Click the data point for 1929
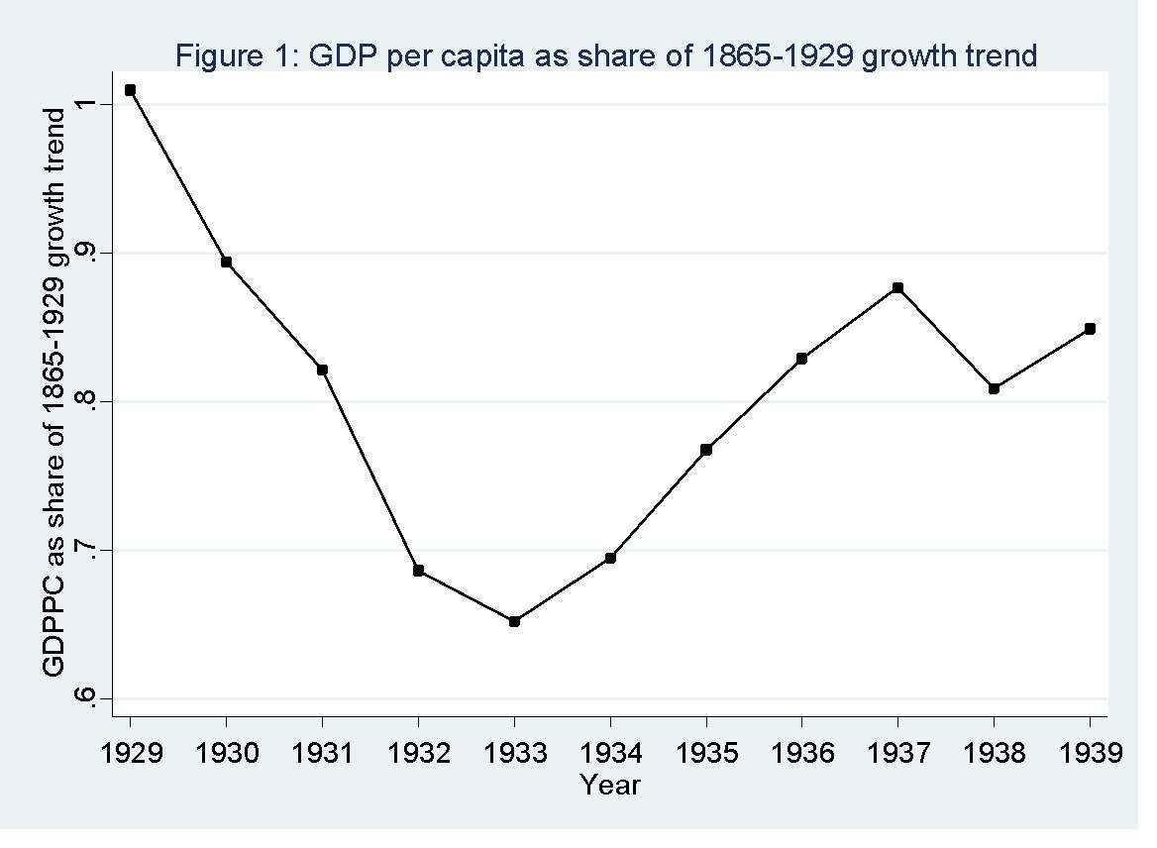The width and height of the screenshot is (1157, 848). point(130,90)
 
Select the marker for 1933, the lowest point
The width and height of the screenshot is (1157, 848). point(514,621)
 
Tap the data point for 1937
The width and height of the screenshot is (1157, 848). point(897,288)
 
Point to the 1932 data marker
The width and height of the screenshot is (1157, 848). point(418,571)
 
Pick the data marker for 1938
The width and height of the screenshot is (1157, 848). point(994,388)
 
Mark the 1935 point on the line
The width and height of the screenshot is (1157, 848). point(706,450)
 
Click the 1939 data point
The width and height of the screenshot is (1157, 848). point(1090,329)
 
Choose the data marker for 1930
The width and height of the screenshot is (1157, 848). point(226,263)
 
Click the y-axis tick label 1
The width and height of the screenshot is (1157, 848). point(86,105)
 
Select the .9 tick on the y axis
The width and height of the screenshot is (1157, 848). point(86,254)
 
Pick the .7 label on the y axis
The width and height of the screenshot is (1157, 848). point(86,550)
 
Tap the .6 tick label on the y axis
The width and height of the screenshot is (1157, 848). point(86,697)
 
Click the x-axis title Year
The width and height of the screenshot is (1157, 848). point(610,787)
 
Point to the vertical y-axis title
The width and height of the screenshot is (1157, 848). point(56,392)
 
